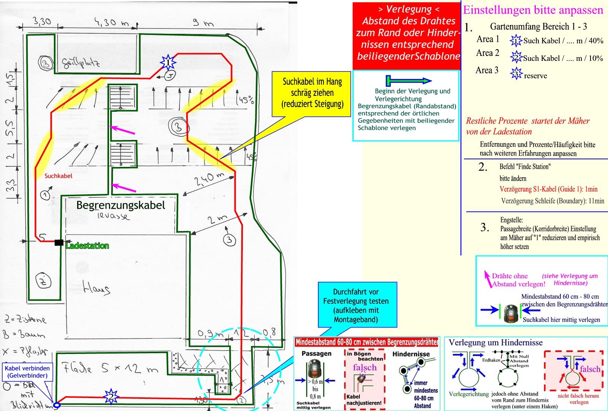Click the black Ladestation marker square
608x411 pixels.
pos(59,242)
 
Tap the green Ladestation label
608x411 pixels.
pos(87,246)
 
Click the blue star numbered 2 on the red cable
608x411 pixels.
pos(111,396)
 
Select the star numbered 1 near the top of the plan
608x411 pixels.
pos(168,62)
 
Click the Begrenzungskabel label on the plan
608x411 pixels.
pos(120,205)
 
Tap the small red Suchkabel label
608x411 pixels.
pos(58,176)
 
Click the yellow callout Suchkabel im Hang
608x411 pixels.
pos(312,92)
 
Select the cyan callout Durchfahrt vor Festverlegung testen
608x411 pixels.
pos(356,305)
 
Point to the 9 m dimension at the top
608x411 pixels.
pos(203,23)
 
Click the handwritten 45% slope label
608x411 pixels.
pos(245,100)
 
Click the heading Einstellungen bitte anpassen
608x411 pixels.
pos(533,10)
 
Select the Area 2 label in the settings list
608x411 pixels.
pos(488,53)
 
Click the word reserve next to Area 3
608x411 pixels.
pos(535,76)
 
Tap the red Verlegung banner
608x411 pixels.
pos(406,33)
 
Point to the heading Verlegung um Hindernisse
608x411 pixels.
pos(496,342)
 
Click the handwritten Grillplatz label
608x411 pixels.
pos(81,63)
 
